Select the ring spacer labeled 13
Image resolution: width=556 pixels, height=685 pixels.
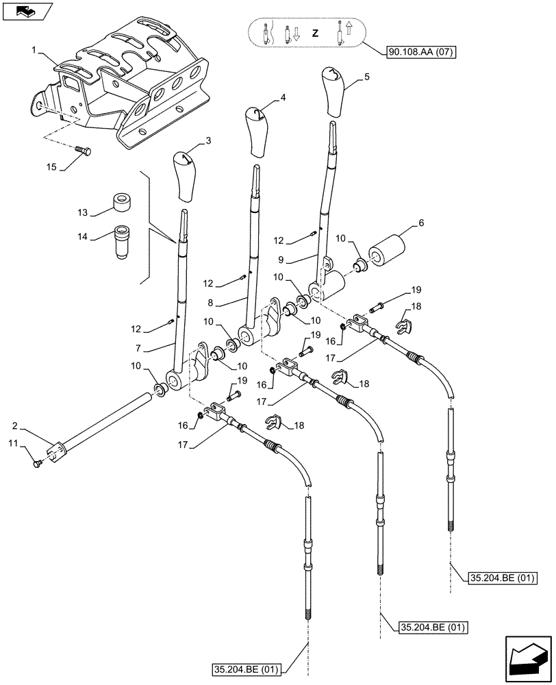[x=122, y=203]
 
